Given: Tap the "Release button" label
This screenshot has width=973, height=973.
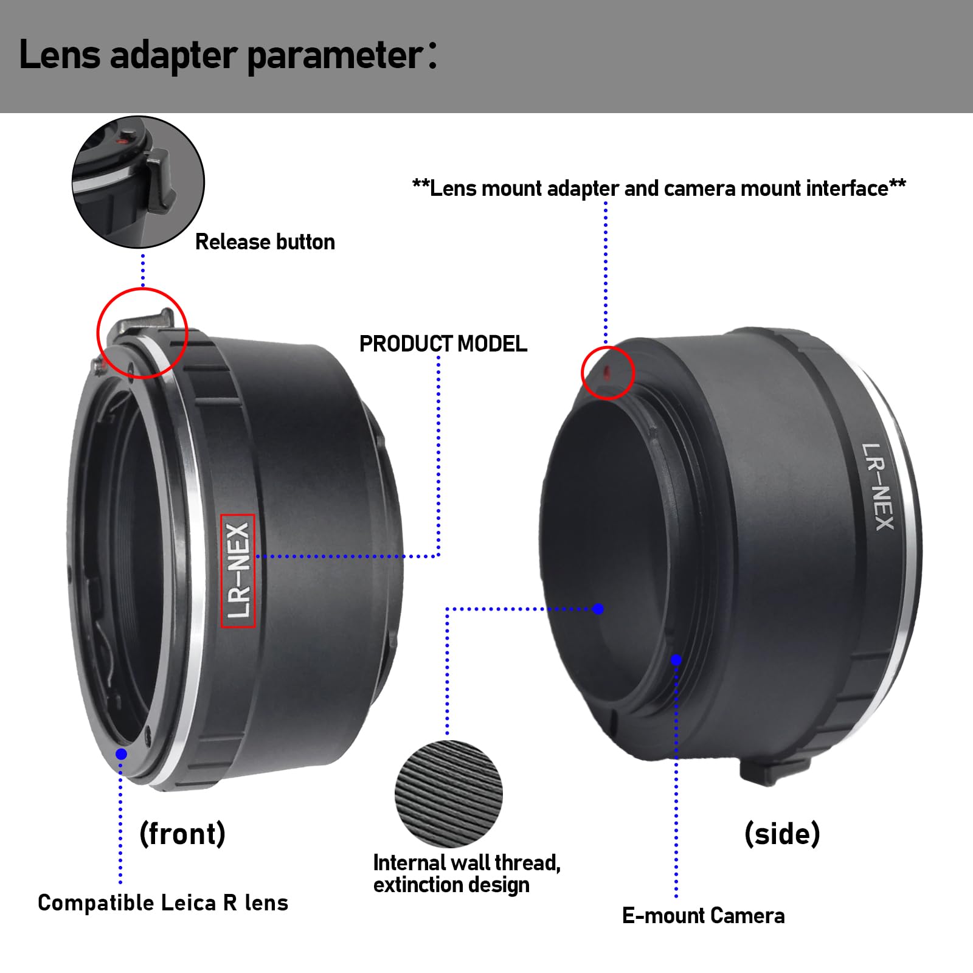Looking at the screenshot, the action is pyautogui.click(x=265, y=242).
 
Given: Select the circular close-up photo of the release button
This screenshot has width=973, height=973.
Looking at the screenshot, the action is pyautogui.click(x=138, y=182).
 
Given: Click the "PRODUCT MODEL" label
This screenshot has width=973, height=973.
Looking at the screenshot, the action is pyautogui.click(x=443, y=344).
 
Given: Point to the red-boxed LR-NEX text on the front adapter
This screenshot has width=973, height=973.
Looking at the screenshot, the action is pyautogui.click(x=238, y=570).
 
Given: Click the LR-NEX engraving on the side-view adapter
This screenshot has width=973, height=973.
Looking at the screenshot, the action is pyautogui.click(x=878, y=487).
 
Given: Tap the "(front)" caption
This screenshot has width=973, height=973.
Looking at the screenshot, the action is pyautogui.click(x=182, y=833).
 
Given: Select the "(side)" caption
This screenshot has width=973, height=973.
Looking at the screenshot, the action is pyautogui.click(x=782, y=833).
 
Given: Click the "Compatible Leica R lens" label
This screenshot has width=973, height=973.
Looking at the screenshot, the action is pyautogui.click(x=163, y=903).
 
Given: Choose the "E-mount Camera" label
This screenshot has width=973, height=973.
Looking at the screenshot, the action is pyautogui.click(x=703, y=916).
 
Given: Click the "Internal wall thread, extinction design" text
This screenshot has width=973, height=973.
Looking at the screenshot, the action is pyautogui.click(x=466, y=874).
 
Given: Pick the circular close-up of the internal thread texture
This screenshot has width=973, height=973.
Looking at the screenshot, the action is pyautogui.click(x=449, y=794).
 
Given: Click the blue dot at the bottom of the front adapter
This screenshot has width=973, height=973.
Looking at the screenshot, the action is pyautogui.click(x=121, y=754).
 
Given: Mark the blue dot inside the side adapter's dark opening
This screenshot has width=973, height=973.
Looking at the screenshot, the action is pyautogui.click(x=598, y=609).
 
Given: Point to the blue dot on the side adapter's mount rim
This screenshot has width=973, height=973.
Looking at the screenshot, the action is pyautogui.click(x=676, y=660).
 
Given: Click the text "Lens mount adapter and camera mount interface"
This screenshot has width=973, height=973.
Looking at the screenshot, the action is pyautogui.click(x=659, y=189).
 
